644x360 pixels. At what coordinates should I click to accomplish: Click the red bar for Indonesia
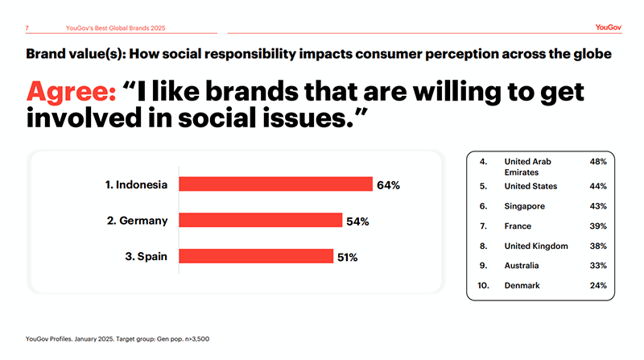[x=275, y=184]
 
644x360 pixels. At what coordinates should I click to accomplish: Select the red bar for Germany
[x=260, y=221]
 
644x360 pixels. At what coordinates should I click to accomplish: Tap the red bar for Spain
[x=255, y=256]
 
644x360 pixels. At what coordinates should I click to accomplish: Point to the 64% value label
[x=388, y=185]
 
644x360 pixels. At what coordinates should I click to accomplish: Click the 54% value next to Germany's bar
[x=357, y=221]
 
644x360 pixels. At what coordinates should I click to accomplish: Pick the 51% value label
[x=347, y=258]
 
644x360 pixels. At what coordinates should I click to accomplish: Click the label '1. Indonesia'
[x=137, y=185]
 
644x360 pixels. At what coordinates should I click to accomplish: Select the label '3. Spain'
[x=146, y=257]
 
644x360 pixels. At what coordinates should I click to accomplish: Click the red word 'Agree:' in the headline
[x=70, y=93]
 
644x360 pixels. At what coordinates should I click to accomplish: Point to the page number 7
[x=28, y=29]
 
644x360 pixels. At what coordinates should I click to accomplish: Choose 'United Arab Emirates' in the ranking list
[x=528, y=167]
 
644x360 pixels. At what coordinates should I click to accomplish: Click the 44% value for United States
[x=597, y=187]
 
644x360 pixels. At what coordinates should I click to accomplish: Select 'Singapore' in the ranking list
[x=525, y=206]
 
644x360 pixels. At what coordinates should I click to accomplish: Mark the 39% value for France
[x=597, y=226]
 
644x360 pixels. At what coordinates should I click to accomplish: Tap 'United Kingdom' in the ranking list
[x=535, y=246]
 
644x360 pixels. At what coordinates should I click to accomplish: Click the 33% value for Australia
[x=597, y=266]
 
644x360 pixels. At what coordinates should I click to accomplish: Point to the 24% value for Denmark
[x=597, y=285]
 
